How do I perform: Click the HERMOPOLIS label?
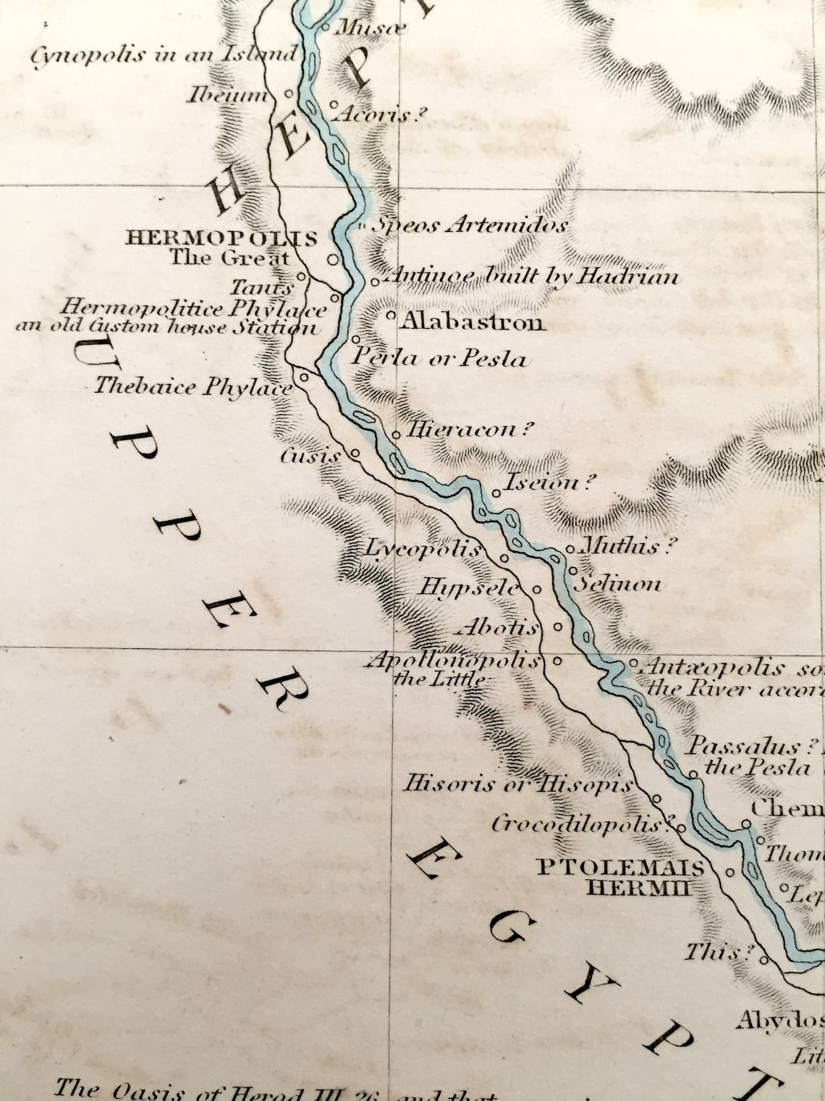pyautogui.click(x=221, y=238)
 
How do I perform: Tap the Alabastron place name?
pyautogui.click(x=473, y=322)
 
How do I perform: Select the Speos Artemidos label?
pyautogui.click(x=469, y=226)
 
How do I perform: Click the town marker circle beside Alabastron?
pyautogui.click(x=391, y=316)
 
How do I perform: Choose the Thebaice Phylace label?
pyautogui.click(x=192, y=387)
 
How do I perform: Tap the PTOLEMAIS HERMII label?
pyautogui.click(x=620, y=877)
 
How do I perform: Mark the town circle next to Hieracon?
pyautogui.click(x=397, y=435)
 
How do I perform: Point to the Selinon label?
pyautogui.click(x=617, y=584)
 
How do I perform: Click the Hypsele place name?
pyautogui.click(x=470, y=587)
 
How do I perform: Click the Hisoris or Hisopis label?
pyautogui.click(x=517, y=784)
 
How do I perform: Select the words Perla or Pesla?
pyautogui.click(x=439, y=358)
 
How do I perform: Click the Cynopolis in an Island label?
pyautogui.click(x=164, y=55)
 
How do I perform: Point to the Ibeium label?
pyautogui.click(x=227, y=95)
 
